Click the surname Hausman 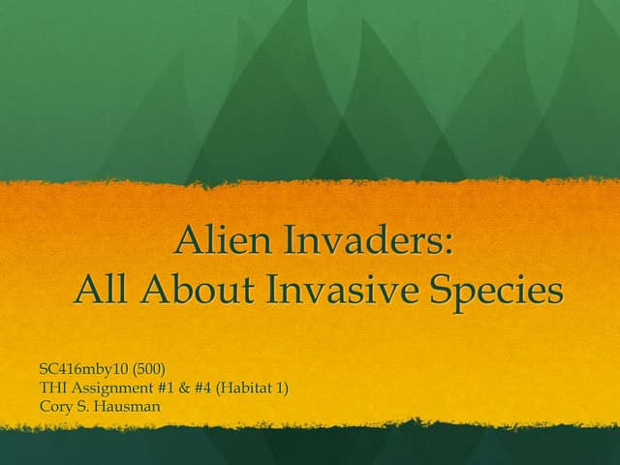(127, 405)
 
